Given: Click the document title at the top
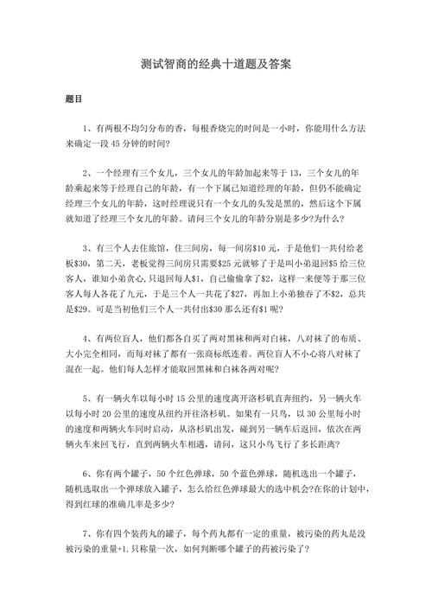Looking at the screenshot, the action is (x=216, y=65).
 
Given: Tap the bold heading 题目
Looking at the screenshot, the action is (x=74, y=100).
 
